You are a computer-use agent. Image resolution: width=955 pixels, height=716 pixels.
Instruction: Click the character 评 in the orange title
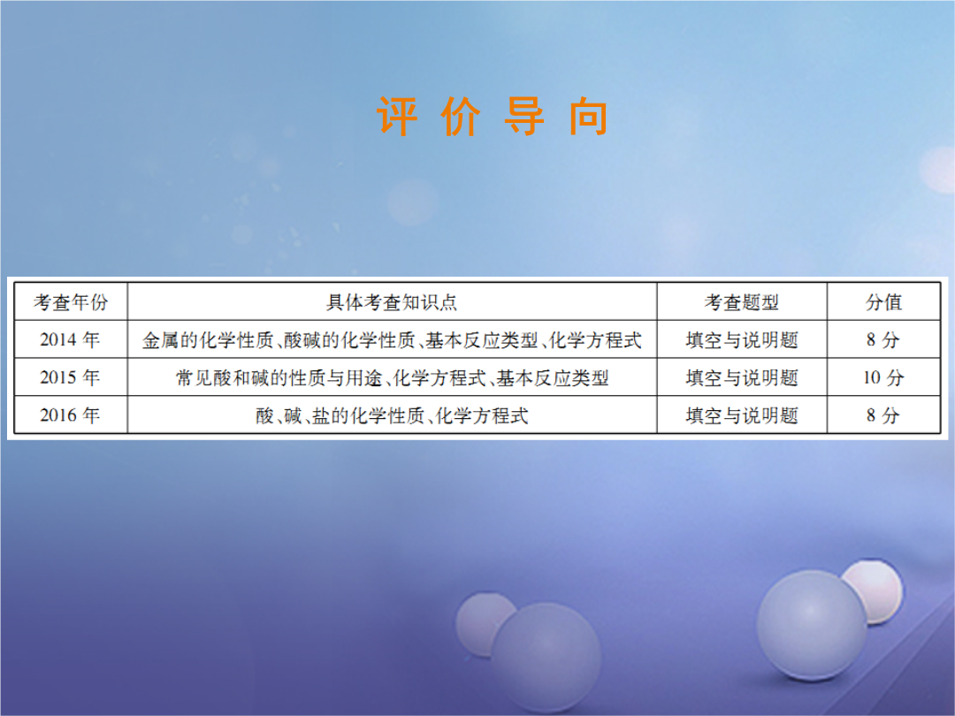coord(396,116)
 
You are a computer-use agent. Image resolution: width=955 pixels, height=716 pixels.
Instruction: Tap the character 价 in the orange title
coord(461,116)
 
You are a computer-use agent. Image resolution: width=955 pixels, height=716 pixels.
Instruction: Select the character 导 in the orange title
coord(524,116)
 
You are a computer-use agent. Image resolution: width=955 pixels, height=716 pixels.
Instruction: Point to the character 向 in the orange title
coord(588,116)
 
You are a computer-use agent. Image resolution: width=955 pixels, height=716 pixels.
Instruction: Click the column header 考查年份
coord(71,302)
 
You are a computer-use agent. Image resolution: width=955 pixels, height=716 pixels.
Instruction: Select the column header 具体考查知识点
coord(392,302)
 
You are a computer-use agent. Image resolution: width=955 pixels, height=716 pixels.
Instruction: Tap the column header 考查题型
coord(741,302)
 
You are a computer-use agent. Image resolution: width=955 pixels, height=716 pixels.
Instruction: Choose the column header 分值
coord(883,302)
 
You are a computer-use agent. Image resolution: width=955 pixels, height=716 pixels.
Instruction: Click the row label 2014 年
coord(70,339)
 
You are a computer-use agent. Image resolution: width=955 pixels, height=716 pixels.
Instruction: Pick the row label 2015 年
coord(70,377)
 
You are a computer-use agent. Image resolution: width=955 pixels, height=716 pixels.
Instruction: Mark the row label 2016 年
coord(70,415)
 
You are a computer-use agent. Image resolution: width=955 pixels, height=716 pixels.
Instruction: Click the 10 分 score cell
coord(883,377)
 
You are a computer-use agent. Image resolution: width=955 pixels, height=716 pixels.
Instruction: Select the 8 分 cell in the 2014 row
coord(883,339)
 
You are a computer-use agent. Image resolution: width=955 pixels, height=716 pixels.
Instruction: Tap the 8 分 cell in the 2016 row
coord(883,415)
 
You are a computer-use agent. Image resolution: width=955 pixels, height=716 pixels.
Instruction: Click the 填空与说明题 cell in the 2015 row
coord(742,377)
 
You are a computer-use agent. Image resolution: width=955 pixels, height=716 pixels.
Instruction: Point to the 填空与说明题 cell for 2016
coord(742,415)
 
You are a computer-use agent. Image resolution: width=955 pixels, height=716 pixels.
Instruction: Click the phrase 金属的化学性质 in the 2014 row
coord(208,339)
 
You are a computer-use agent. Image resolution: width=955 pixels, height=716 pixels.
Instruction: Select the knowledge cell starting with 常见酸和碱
coord(393,377)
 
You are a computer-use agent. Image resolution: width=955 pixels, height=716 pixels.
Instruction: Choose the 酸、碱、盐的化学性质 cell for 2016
coord(392,415)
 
